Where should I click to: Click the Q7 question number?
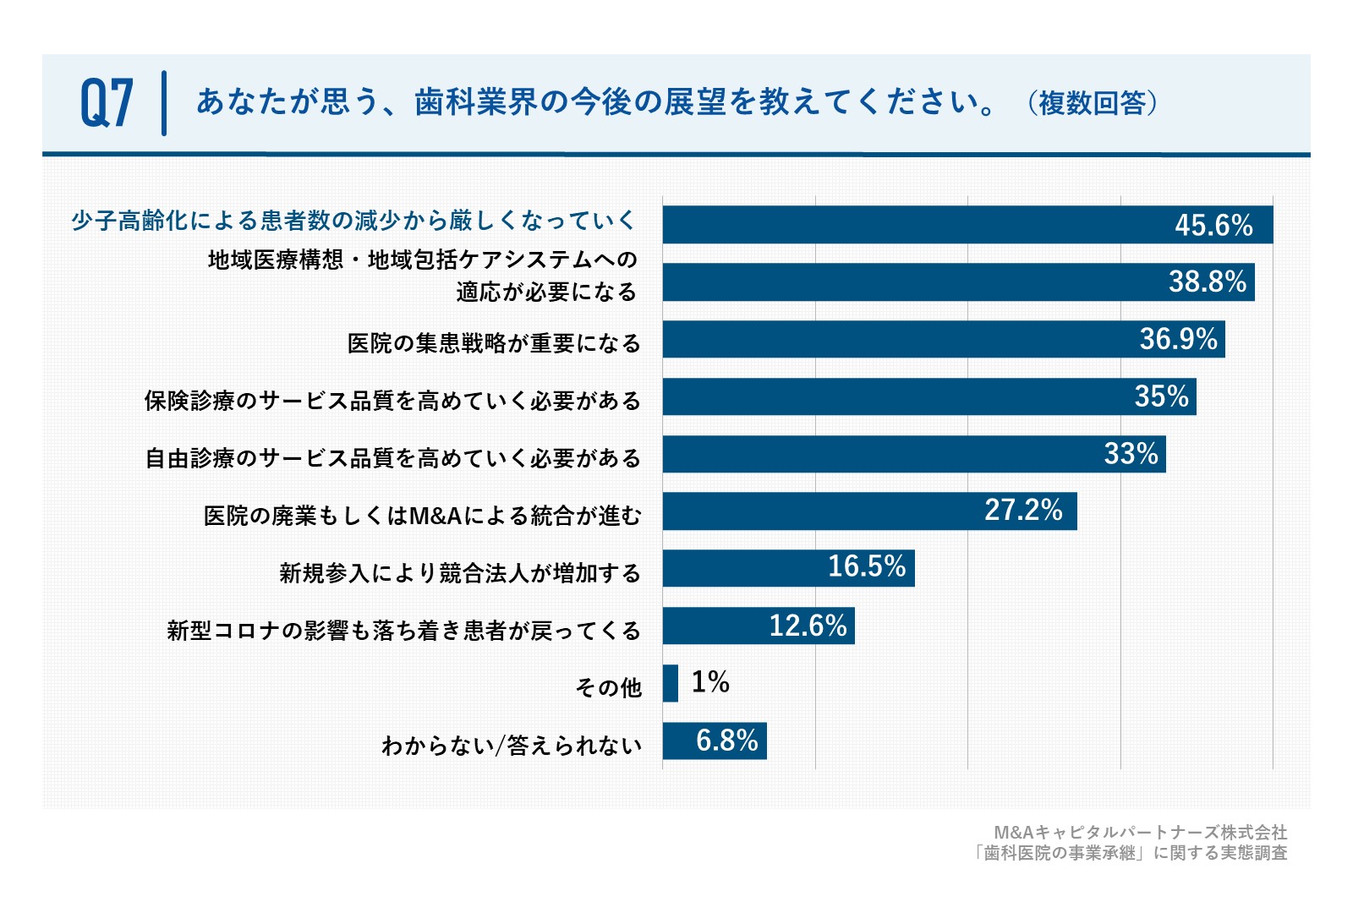tap(107, 103)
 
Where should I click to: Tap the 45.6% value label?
tap(1213, 225)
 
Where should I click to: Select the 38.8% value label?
tap(1208, 282)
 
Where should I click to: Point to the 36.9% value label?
tap(1179, 339)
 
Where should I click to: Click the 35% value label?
tap(1162, 396)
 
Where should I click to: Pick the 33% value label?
tap(1131, 454)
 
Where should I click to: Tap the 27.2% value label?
tap(1024, 510)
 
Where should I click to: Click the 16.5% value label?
tap(867, 566)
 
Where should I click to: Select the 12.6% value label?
tap(808, 626)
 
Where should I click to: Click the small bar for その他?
tap(671, 683)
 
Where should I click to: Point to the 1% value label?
tap(710, 682)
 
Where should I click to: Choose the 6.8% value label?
tap(727, 741)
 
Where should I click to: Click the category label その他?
tap(608, 687)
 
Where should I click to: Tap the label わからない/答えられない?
tap(512, 746)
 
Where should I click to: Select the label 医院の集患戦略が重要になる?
tap(494, 343)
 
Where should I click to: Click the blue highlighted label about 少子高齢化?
tap(354, 221)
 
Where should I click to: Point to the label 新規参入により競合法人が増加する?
tap(460, 573)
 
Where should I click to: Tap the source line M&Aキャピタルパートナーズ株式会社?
tap(1141, 833)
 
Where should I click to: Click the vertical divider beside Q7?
tap(164, 103)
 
